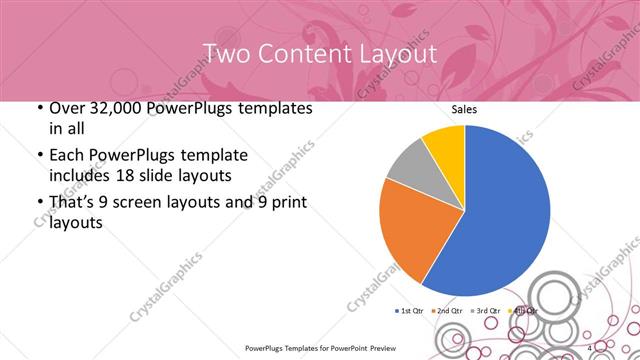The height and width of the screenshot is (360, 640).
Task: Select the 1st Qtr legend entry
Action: pos(409,311)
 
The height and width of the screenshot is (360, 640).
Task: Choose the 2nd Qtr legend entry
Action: pos(446,311)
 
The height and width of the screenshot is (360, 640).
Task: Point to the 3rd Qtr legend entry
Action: pos(483,311)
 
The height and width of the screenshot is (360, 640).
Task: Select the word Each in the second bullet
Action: pos(66,155)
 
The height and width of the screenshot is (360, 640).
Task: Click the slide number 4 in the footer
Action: pos(590,347)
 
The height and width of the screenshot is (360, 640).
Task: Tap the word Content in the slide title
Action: pos(299,52)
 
